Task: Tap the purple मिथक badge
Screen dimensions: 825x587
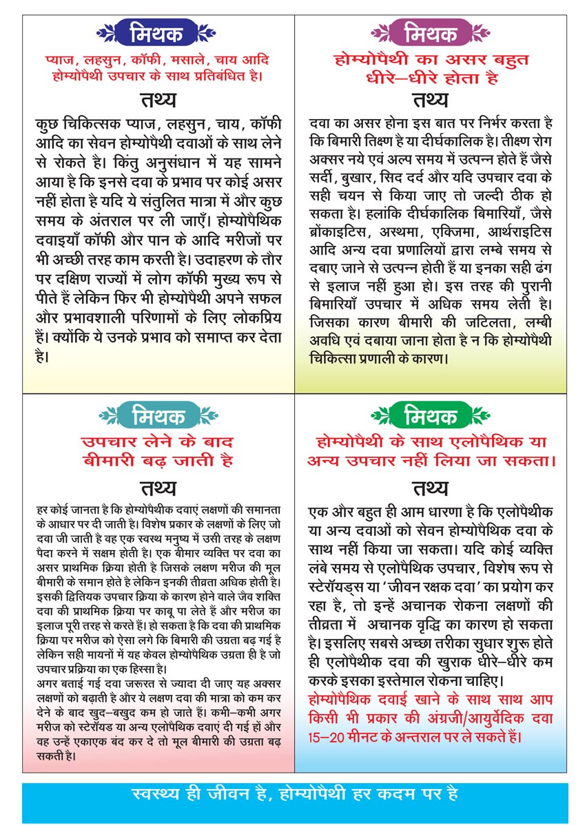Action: [x=431, y=32]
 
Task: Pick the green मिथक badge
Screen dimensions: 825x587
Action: [x=431, y=415]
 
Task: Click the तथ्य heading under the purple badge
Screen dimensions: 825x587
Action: [x=431, y=100]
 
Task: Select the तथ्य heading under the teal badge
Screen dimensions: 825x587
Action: [x=158, y=488]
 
